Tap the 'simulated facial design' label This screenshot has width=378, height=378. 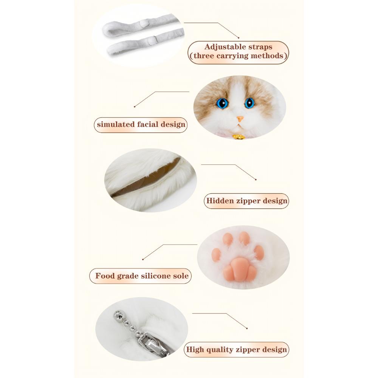pos(141,124)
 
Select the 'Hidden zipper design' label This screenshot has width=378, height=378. pos(246,201)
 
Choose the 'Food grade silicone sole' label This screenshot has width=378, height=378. pos(142,276)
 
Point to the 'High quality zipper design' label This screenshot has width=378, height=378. pos(236,350)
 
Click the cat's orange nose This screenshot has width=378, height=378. pos(239,119)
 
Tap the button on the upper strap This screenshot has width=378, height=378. pos(143,23)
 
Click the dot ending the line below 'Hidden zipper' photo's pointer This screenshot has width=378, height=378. pos(256,179)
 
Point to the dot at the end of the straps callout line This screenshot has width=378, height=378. pos(239,37)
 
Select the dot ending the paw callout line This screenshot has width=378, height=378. pos(143,259)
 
